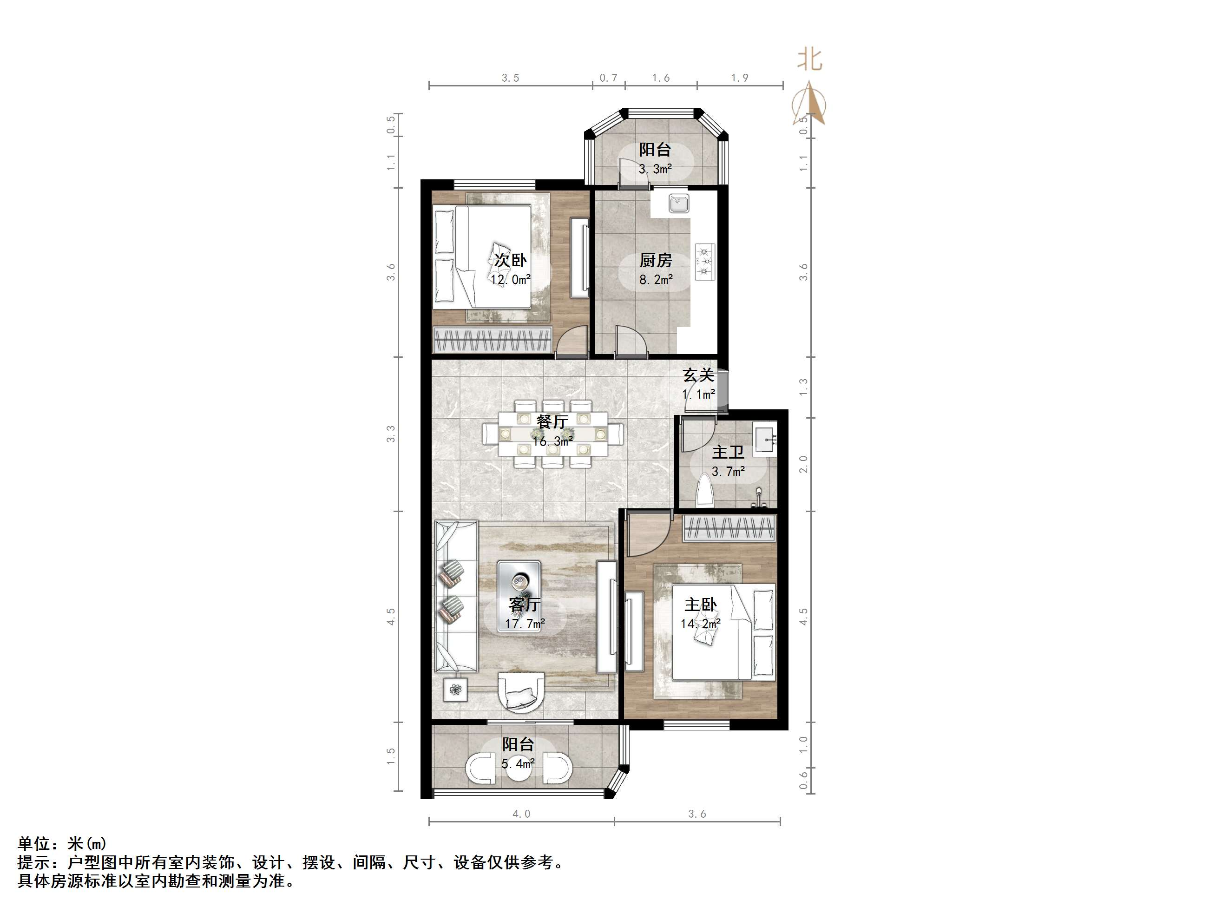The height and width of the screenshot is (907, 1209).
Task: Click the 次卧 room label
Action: [510, 260]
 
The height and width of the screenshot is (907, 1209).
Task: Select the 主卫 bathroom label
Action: [728, 453]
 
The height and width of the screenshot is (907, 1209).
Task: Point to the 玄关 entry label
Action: [698, 375]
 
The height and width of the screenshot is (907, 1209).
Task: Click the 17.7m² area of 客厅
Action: [525, 624]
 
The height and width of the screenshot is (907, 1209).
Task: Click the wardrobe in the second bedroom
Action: [492, 340]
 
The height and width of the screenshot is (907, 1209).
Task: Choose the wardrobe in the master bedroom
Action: [729, 528]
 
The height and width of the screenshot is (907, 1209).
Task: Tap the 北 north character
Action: [810, 59]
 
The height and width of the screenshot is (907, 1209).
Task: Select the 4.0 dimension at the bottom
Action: [521, 814]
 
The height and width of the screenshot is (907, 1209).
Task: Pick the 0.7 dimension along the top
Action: [608, 78]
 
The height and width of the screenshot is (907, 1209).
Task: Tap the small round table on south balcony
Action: [518, 769]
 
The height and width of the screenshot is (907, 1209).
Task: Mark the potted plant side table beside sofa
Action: [455, 690]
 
